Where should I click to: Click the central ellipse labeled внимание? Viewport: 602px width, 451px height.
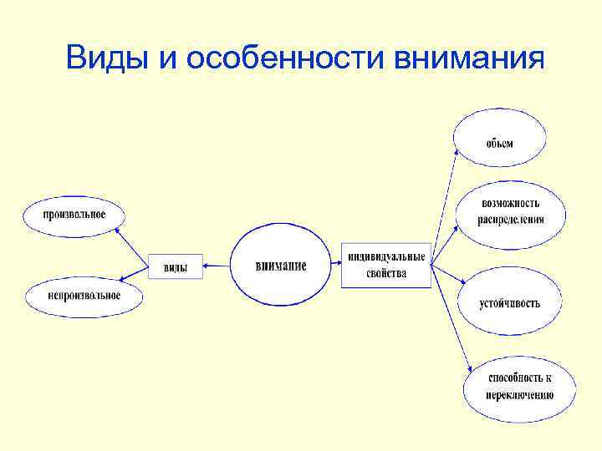click(x=281, y=266)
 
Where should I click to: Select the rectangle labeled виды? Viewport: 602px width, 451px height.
click(x=175, y=266)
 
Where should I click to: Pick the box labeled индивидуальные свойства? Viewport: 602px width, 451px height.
click(x=385, y=265)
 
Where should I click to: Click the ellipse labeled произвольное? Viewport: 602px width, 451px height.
click(x=74, y=215)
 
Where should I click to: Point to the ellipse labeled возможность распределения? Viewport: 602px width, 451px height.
click(x=510, y=211)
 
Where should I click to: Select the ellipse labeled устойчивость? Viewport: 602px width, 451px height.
click(x=509, y=302)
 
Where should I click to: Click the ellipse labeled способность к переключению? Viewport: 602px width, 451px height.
click(x=520, y=386)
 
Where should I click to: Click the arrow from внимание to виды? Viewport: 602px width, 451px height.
click(x=216, y=266)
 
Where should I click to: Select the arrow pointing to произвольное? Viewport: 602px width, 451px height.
click(x=131, y=241)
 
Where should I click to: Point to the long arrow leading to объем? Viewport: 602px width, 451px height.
click(x=444, y=205)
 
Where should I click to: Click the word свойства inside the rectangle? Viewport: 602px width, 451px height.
click(x=385, y=273)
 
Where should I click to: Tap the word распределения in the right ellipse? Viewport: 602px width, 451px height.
click(x=511, y=220)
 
